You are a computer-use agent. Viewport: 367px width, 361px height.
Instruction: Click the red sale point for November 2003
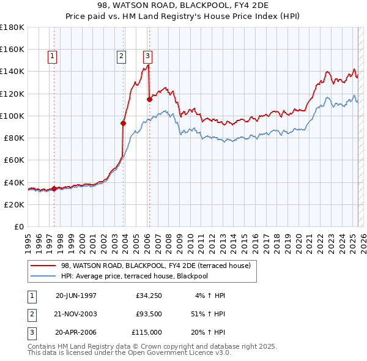pyautogui.click(x=123, y=123)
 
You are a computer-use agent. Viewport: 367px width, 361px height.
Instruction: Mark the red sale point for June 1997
pyautogui.click(x=54, y=188)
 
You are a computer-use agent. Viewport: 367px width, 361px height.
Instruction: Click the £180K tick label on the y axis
pyautogui.click(x=12, y=28)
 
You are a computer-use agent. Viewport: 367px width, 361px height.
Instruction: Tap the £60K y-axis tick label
pyautogui.click(x=15, y=160)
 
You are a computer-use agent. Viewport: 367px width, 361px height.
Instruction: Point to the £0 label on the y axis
pyautogui.click(x=20, y=226)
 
